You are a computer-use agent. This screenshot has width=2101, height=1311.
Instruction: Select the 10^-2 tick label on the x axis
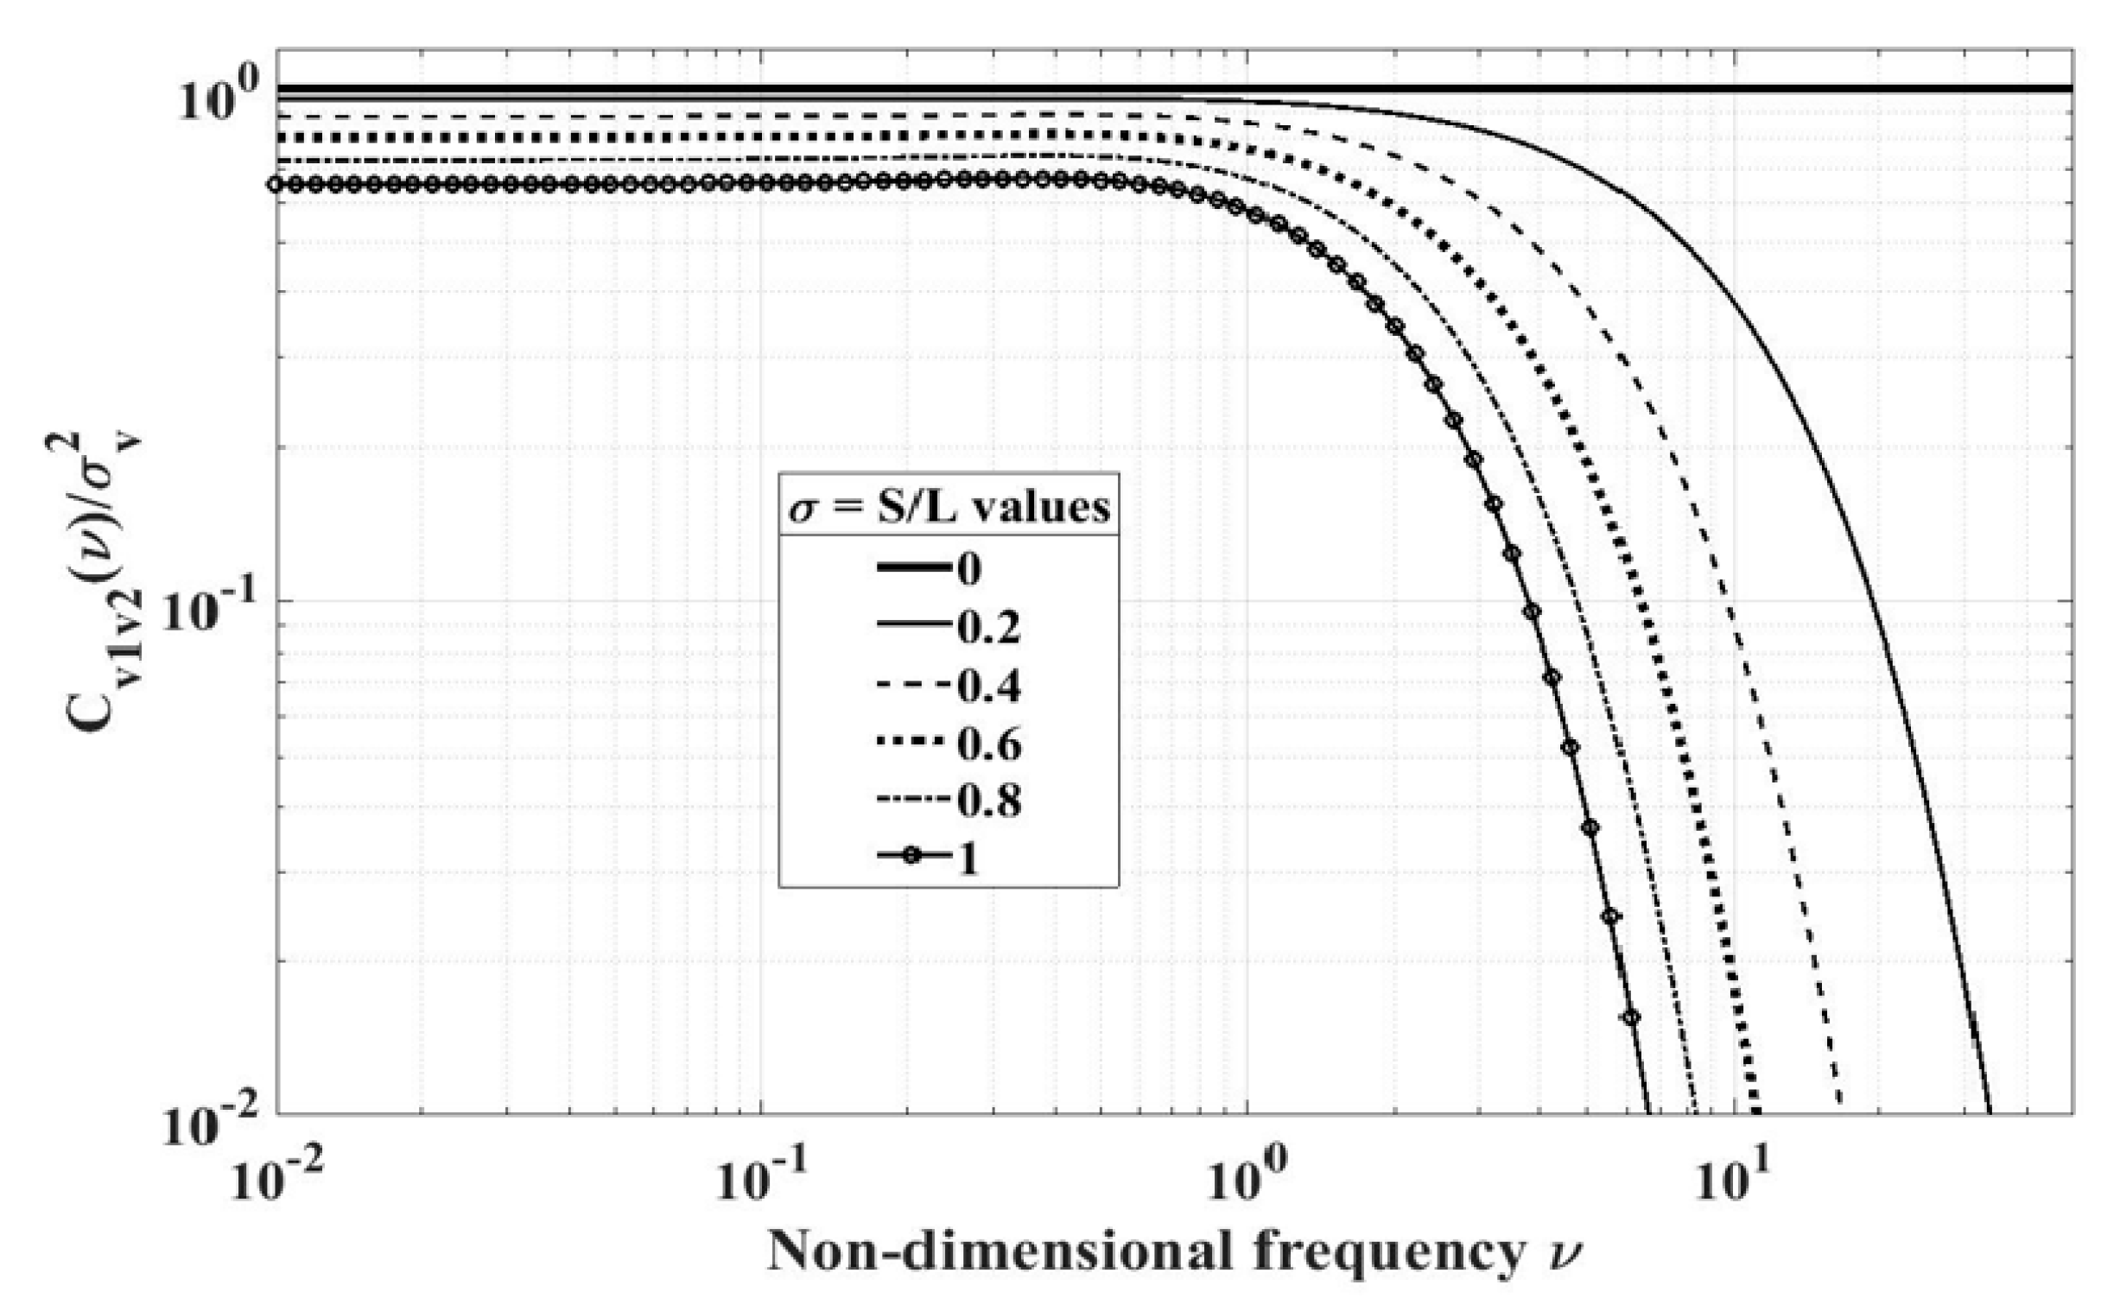(276, 1177)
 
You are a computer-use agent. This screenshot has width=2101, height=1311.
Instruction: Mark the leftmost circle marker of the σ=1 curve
(276, 184)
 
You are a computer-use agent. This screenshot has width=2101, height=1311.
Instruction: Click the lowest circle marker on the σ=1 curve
(1631, 1017)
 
